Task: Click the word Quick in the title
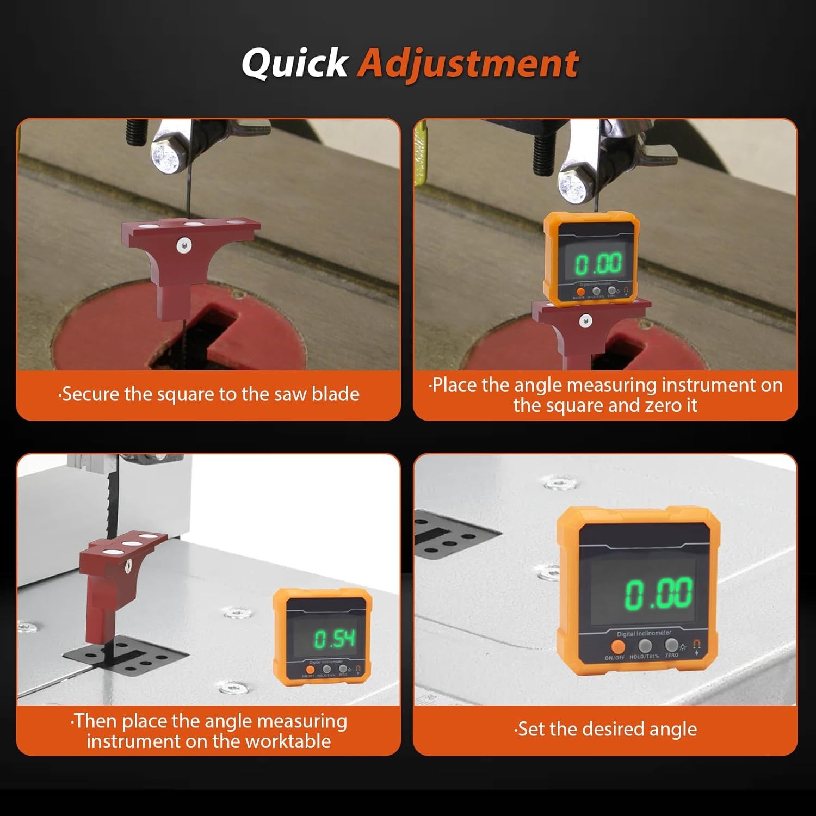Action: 294,63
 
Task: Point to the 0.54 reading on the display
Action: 335,639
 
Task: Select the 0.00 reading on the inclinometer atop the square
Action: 598,264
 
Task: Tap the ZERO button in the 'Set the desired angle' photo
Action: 671,645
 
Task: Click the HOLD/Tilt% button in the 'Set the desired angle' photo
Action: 645,646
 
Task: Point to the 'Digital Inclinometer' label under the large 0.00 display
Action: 644,634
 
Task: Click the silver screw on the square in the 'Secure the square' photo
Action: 184,246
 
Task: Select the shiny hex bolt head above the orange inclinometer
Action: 573,186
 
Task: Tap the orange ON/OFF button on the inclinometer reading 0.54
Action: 310,671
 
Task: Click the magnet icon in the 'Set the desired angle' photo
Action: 697,645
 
